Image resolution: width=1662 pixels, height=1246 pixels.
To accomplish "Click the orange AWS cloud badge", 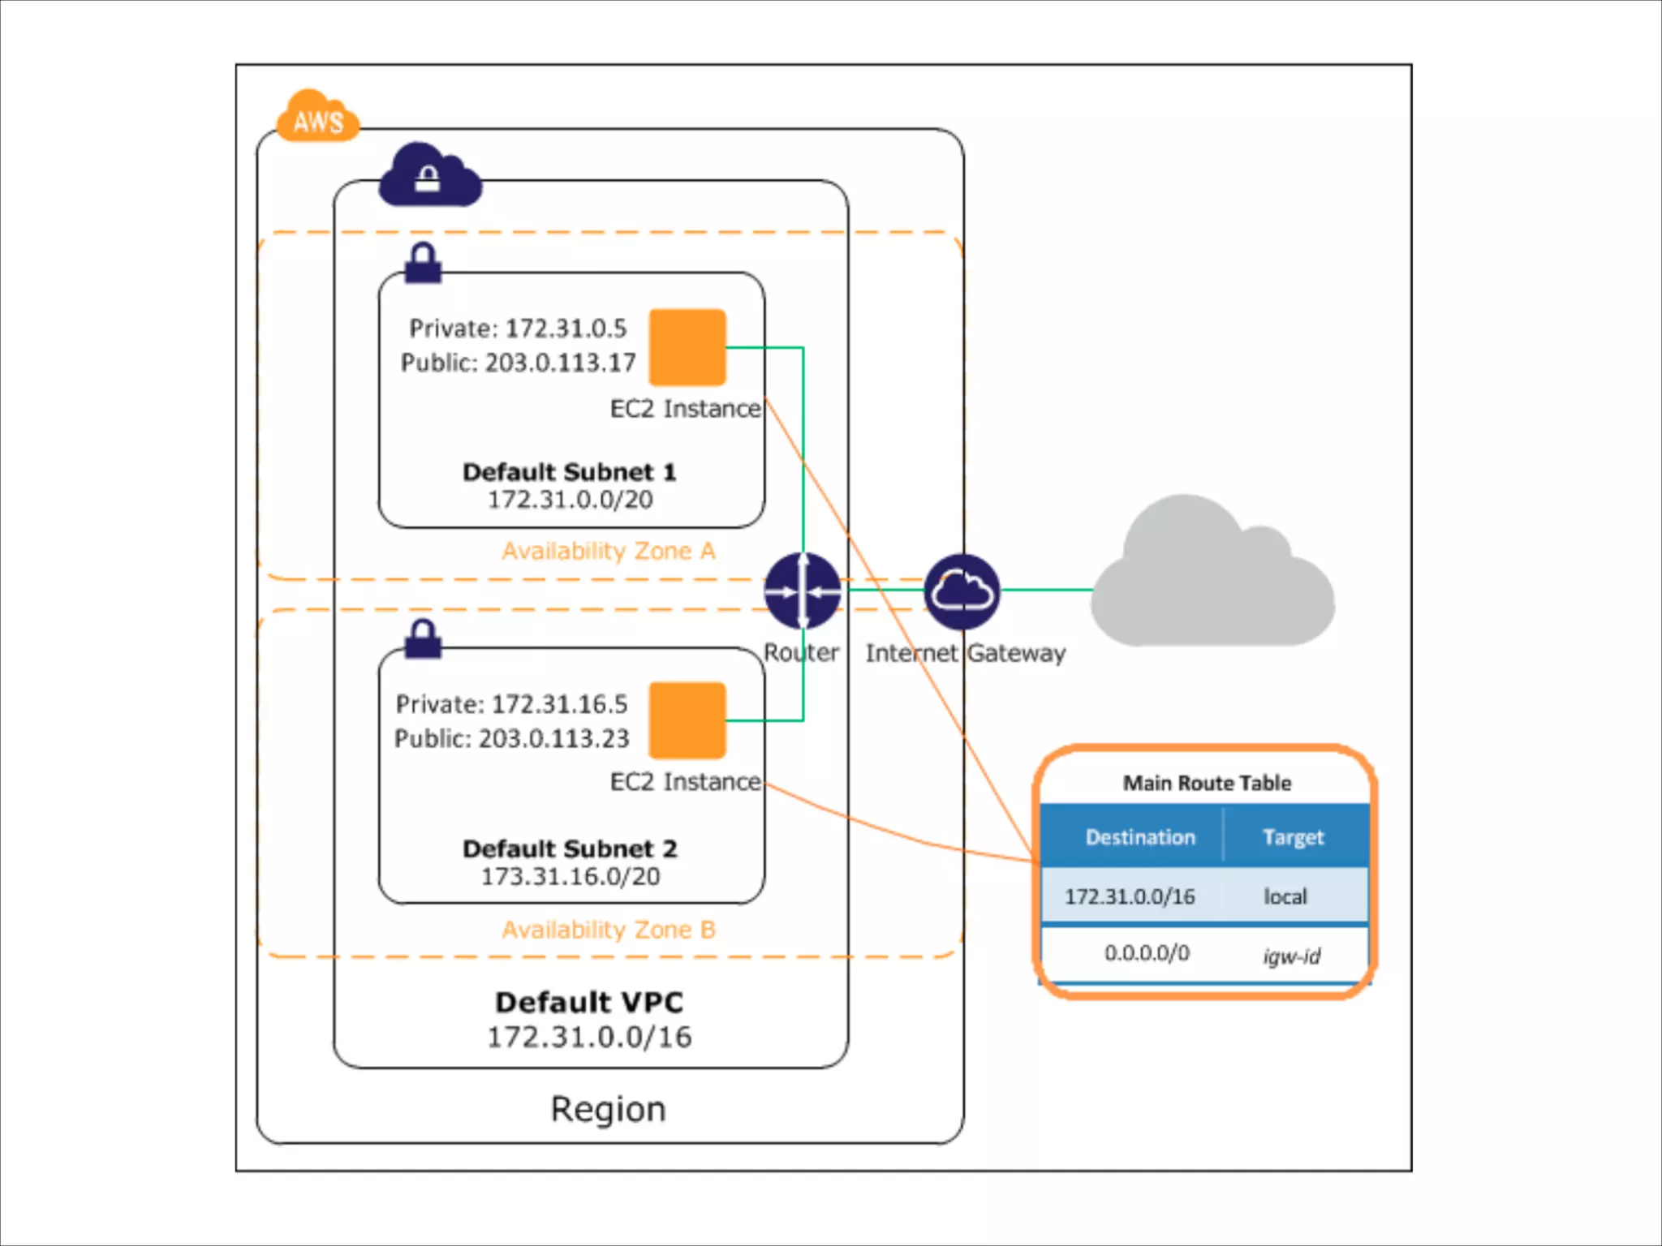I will click(x=317, y=118).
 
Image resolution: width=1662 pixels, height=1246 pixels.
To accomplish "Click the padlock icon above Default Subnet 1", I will click(x=423, y=263).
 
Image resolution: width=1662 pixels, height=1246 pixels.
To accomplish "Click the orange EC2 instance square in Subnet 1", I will click(x=687, y=347).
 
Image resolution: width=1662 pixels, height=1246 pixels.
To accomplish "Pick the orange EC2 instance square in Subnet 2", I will click(x=687, y=720).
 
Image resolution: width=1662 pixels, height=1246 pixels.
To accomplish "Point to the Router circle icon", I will click(x=803, y=591).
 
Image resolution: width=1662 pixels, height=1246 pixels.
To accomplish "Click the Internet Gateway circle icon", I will click(x=962, y=591).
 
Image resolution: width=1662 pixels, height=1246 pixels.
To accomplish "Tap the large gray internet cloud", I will click(x=1212, y=576).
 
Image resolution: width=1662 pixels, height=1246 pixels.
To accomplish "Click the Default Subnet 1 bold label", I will click(x=569, y=471).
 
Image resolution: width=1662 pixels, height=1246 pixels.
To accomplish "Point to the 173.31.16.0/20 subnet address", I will click(x=571, y=876).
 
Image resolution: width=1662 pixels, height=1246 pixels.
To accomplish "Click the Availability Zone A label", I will click(x=609, y=551).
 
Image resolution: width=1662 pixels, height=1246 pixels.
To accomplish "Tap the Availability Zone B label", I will click(x=609, y=930).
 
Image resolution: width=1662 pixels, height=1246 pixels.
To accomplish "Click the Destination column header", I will click(x=1140, y=837).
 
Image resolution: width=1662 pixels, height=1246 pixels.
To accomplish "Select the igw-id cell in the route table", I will click(x=1291, y=956).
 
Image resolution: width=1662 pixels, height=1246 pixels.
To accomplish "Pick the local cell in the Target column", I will click(x=1285, y=896).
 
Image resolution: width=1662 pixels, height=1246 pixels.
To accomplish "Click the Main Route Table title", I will click(x=1207, y=783).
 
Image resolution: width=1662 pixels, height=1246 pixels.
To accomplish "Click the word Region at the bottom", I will click(x=608, y=1109).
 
